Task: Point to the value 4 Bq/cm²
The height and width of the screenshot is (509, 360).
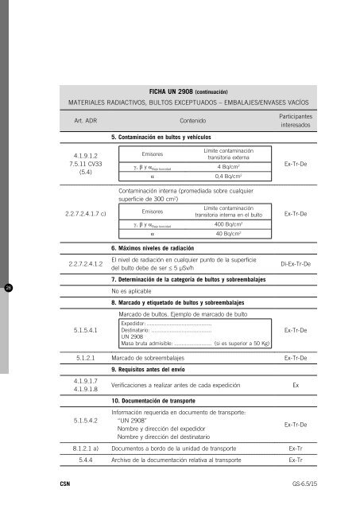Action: (x=229, y=168)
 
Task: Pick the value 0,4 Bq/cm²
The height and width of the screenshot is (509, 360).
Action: (x=229, y=177)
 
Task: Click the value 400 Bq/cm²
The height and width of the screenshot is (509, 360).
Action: (x=229, y=224)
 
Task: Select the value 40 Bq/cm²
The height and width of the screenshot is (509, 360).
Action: (x=229, y=235)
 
